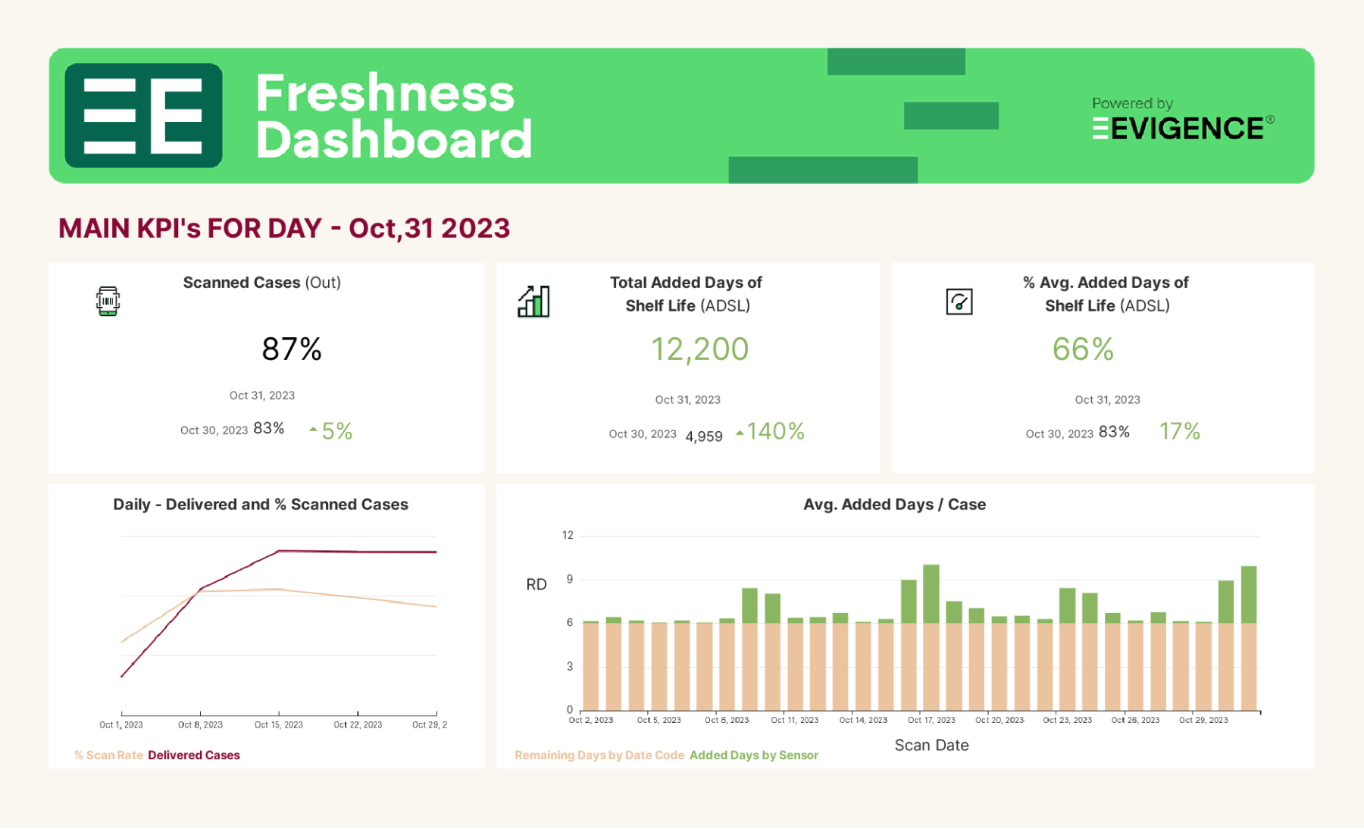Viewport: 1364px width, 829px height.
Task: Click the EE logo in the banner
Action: click(x=143, y=115)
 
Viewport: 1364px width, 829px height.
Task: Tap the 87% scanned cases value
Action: click(x=292, y=349)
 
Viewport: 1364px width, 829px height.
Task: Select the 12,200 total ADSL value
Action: click(x=699, y=349)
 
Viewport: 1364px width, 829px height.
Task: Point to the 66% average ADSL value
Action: click(x=1083, y=349)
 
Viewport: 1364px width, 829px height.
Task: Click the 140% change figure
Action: click(x=774, y=431)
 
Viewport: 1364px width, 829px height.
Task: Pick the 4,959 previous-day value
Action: click(x=703, y=436)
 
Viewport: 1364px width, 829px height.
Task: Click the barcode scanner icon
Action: click(x=108, y=301)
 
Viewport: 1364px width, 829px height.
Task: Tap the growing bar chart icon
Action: click(x=533, y=302)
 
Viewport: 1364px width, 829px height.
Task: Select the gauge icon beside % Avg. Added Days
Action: click(x=959, y=302)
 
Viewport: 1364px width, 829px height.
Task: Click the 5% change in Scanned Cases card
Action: click(x=336, y=431)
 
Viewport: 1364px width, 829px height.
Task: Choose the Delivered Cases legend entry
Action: click(x=194, y=755)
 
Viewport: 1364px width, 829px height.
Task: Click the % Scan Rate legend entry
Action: click(x=108, y=755)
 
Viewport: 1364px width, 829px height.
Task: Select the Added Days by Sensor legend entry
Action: click(x=753, y=755)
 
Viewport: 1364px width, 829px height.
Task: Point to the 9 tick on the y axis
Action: click(x=569, y=579)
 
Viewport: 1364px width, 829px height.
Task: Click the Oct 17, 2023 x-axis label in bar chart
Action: click(x=931, y=720)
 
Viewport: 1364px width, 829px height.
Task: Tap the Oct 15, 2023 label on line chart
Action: click(x=278, y=725)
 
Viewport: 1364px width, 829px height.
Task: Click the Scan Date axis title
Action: click(x=931, y=745)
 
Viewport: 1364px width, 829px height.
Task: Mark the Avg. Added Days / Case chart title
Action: click(x=894, y=505)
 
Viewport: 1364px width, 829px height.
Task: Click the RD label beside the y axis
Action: click(x=536, y=584)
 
